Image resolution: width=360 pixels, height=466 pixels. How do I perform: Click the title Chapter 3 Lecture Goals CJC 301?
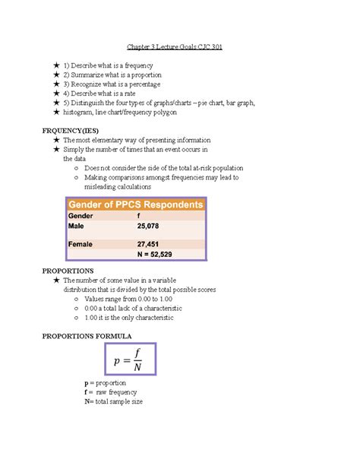tap(179, 46)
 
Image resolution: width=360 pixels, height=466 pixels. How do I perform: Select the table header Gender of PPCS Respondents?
tap(137, 204)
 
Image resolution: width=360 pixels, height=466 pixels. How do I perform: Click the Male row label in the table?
tap(77, 227)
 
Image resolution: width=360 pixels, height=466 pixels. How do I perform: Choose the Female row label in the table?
tap(81, 244)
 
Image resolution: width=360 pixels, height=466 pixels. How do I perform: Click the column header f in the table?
tap(138, 216)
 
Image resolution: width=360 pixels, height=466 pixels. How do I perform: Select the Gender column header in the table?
tap(81, 216)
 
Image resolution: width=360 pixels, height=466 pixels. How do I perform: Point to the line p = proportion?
tap(106, 382)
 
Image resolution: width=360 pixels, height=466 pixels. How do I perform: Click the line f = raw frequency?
tap(111, 392)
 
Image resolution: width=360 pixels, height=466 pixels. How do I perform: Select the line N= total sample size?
tap(114, 401)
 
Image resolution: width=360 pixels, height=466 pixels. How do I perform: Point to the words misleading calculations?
tap(118, 186)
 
